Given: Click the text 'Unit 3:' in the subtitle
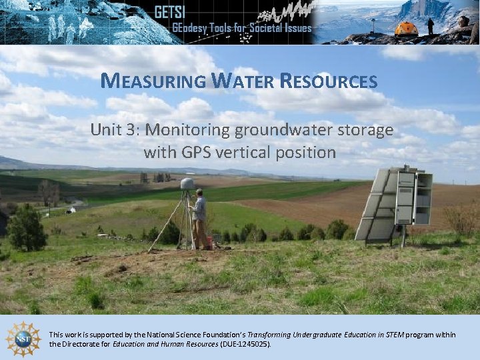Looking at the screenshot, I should [x=115, y=130].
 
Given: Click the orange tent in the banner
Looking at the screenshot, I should [x=405, y=29].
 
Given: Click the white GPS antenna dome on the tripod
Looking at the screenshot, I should [x=188, y=183].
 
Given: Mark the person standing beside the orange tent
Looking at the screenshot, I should [x=431, y=26].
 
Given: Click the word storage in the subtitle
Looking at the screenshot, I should [x=365, y=130].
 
